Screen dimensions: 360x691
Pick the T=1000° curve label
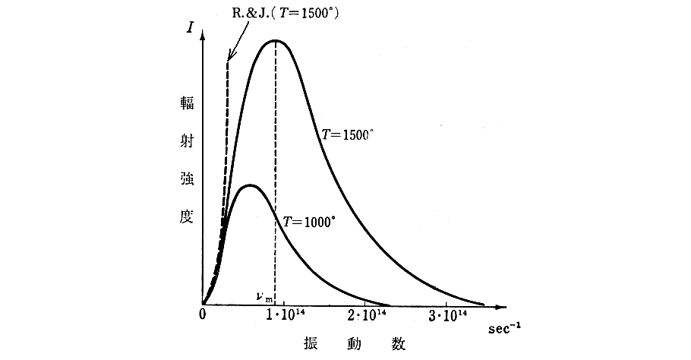(x=309, y=223)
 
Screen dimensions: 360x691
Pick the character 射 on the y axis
(x=186, y=143)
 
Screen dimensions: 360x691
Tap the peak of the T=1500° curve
(x=275, y=40)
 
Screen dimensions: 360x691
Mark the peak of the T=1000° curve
(x=248, y=185)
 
